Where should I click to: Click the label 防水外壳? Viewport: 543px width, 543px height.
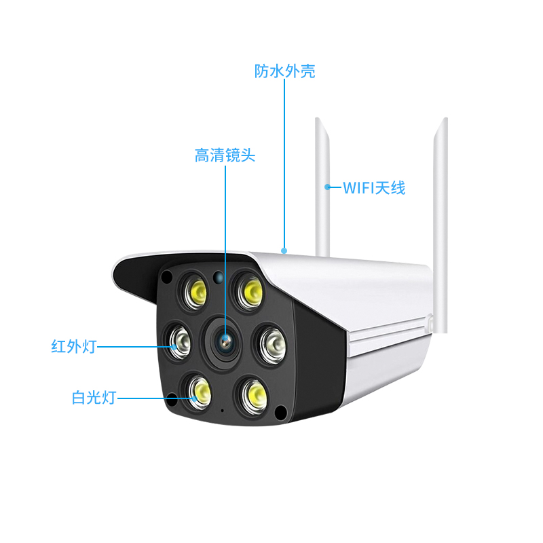284,71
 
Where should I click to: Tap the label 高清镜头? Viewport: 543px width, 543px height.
225,155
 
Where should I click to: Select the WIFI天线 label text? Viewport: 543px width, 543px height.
374,188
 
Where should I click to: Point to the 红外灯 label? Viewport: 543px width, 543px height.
74,346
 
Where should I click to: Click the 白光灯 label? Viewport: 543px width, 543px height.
94,398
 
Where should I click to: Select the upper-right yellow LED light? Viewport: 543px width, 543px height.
248,291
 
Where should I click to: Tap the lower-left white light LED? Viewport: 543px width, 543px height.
198,392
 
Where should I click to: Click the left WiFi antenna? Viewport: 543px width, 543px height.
322,187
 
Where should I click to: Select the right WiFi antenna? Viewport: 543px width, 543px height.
441,225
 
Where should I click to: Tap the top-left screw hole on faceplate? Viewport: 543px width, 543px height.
167,276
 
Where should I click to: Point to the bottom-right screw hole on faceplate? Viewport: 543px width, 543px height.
280,412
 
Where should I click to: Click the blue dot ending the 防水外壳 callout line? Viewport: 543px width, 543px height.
284,250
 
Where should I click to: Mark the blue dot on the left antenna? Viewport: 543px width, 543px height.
327,187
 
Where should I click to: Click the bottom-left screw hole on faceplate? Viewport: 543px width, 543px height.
172,399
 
